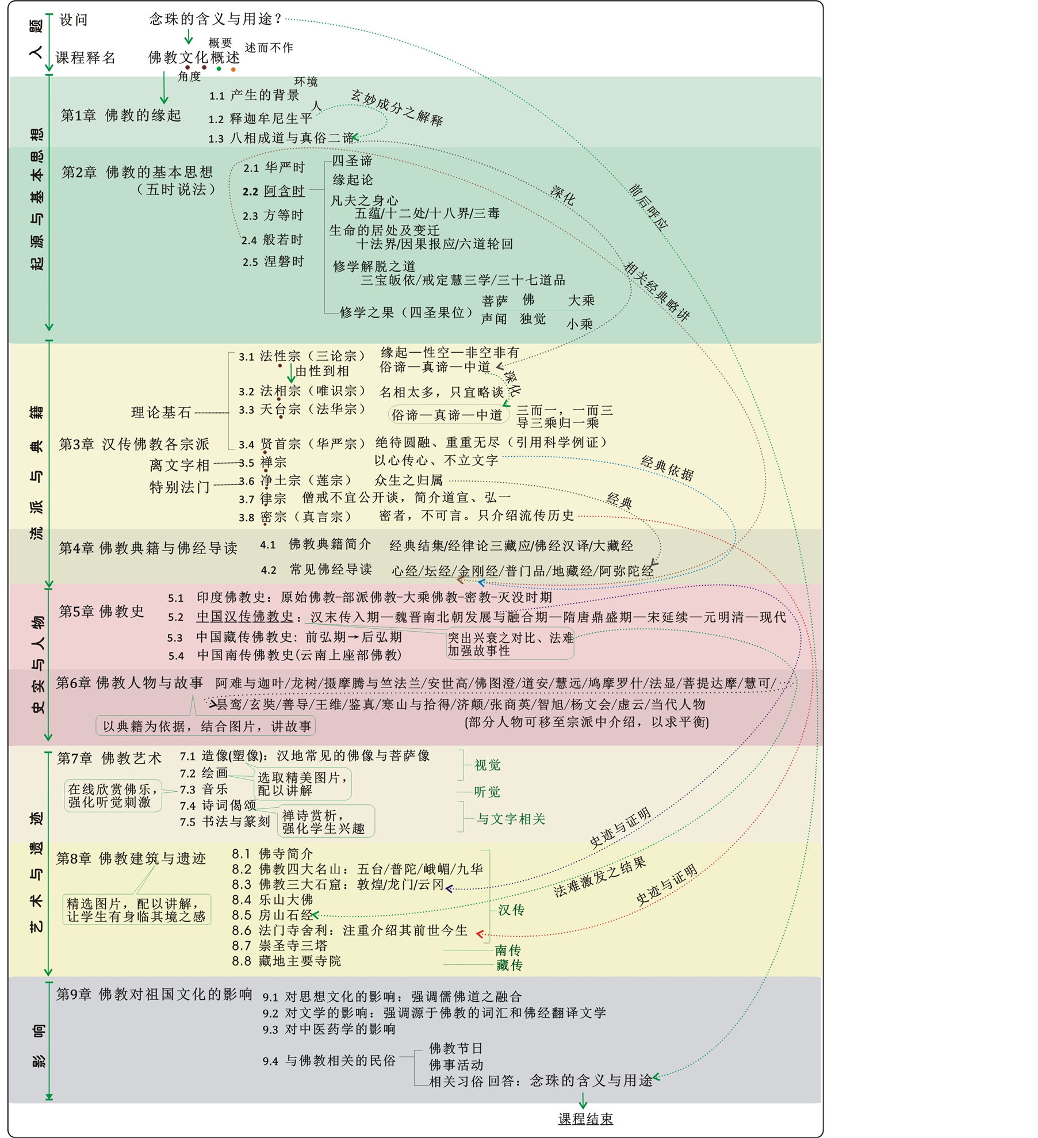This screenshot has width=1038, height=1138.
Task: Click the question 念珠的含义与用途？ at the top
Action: click(x=216, y=19)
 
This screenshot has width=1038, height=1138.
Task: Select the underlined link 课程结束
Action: click(x=585, y=1118)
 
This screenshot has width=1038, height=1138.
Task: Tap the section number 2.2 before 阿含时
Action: click(x=250, y=192)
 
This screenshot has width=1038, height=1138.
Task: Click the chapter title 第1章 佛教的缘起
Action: click(x=121, y=116)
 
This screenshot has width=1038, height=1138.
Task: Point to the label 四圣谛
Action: click(x=352, y=161)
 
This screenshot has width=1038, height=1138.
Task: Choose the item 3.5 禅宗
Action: click(x=263, y=462)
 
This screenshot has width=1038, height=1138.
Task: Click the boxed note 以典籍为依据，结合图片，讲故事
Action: click(x=206, y=726)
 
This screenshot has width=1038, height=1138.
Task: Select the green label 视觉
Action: click(x=487, y=765)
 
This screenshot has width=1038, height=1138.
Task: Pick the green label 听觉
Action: click(x=487, y=792)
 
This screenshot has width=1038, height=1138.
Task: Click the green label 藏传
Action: click(x=509, y=965)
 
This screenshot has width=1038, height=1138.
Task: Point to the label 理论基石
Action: click(x=161, y=412)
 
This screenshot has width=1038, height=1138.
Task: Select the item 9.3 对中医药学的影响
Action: click(x=329, y=1029)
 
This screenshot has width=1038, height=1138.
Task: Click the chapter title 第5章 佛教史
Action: click(x=101, y=611)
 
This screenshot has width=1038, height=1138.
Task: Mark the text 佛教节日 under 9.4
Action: click(x=455, y=1048)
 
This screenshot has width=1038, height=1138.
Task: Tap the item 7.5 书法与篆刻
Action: click(x=225, y=822)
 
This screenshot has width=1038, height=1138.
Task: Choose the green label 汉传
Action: click(x=511, y=910)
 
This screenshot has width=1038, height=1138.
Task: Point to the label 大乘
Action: click(x=581, y=300)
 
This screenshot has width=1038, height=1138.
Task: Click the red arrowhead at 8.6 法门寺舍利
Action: click(x=480, y=934)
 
